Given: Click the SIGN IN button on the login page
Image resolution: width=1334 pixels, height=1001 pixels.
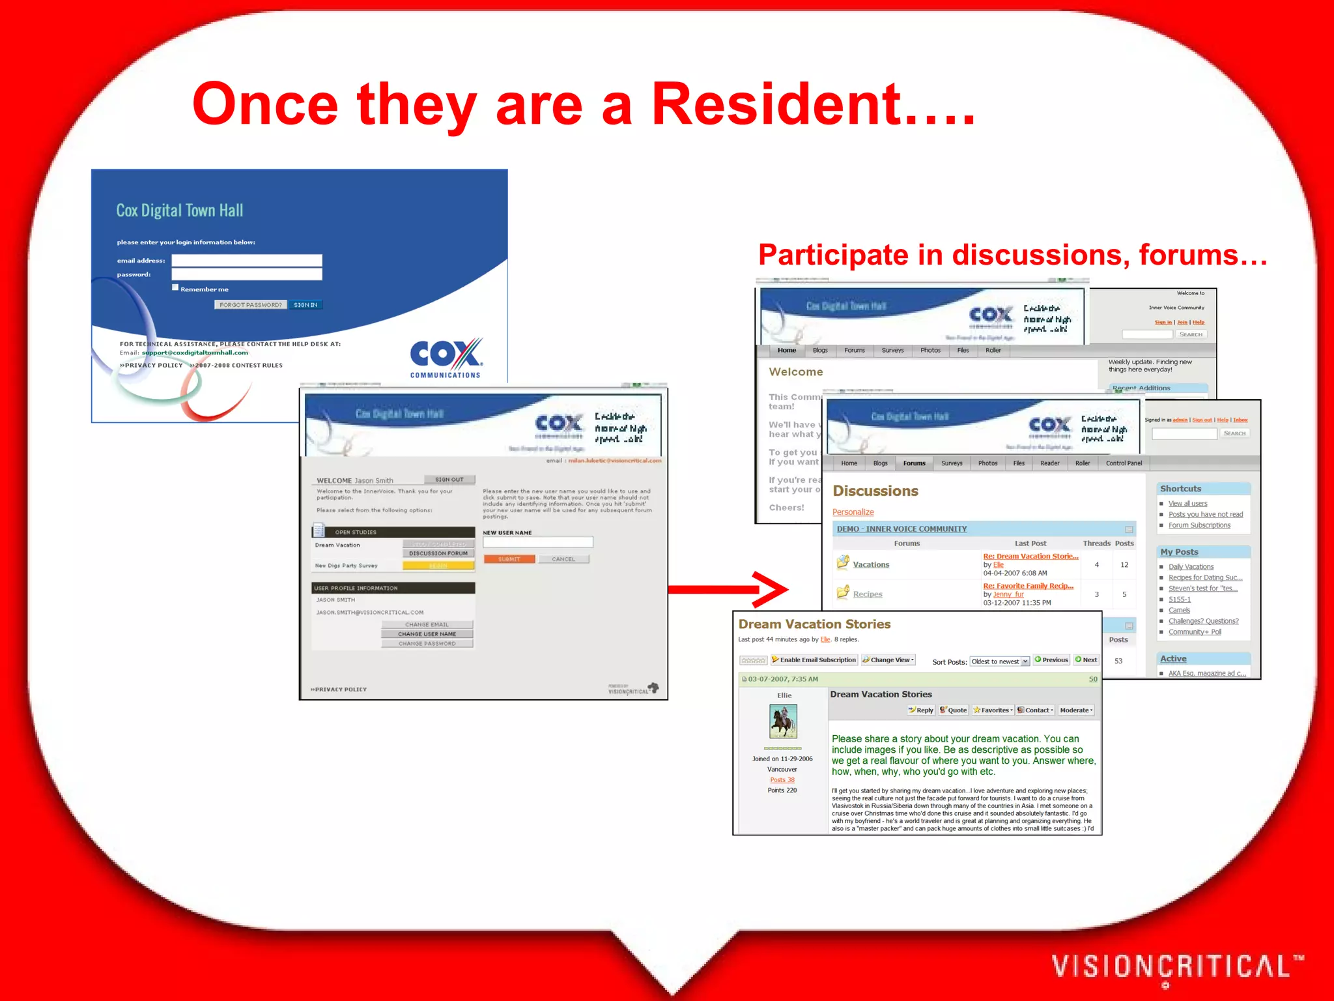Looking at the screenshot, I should (305, 305).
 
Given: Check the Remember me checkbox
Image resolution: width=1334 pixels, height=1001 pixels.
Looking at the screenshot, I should (175, 287).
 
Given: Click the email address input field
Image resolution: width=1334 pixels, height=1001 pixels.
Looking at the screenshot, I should (246, 260).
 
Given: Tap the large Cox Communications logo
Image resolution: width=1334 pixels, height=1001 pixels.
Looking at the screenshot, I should (446, 357).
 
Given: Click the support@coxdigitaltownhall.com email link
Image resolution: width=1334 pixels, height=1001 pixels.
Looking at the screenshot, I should (195, 353).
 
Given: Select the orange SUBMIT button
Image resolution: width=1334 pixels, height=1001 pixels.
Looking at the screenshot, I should (509, 559).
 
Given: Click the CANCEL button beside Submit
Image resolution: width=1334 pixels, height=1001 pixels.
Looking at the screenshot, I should (563, 559).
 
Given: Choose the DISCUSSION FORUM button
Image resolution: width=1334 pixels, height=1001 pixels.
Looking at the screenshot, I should (438, 553).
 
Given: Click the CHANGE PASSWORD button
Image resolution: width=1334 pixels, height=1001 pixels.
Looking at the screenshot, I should (427, 643).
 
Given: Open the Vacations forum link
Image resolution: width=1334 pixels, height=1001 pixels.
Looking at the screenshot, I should (871, 564).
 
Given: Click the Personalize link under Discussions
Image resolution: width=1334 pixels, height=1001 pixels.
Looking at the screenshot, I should (853, 512).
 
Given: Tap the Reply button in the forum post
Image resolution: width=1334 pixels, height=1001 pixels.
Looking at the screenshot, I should (922, 710).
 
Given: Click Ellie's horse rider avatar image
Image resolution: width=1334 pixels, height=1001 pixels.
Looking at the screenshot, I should (784, 721).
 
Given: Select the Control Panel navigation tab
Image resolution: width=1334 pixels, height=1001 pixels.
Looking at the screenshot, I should (1124, 463).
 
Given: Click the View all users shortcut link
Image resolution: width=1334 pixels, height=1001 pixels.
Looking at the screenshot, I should (1187, 504).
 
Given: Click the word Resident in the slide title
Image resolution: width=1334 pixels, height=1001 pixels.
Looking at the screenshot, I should (776, 104).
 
